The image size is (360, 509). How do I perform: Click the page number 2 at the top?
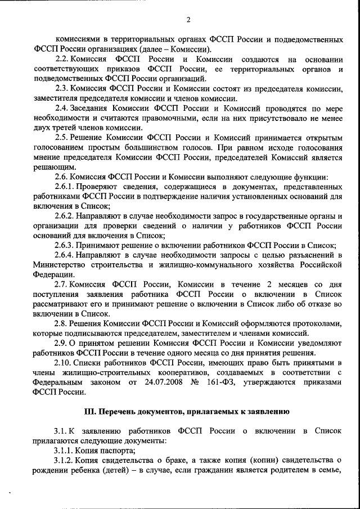point(188,20)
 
